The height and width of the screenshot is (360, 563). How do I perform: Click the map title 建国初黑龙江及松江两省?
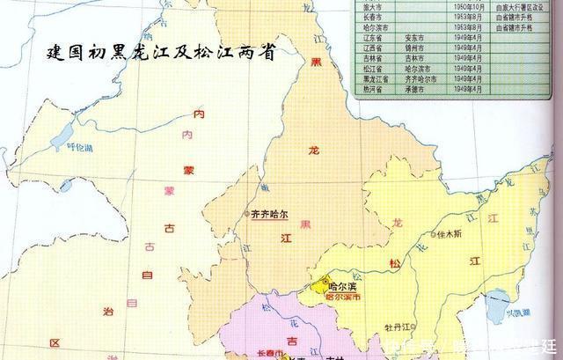tap(160, 53)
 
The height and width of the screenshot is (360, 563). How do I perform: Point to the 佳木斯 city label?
tap(450, 237)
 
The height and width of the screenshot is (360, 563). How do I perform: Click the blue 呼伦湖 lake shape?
tap(62, 133)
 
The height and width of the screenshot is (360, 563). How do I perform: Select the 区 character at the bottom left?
tap(54, 342)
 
